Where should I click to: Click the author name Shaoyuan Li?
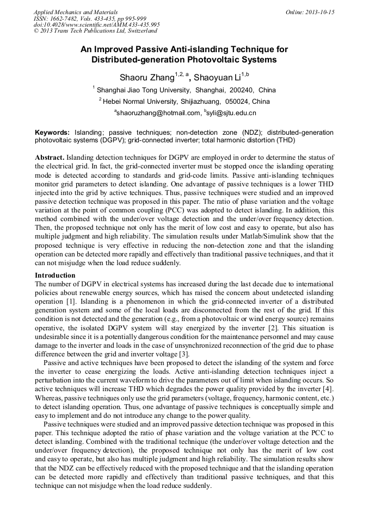(x=217, y=77)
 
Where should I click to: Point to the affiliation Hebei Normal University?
(x=147, y=101)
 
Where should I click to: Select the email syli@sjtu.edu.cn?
(x=232, y=113)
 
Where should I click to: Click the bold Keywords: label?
(x=52, y=132)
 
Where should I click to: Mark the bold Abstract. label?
(x=50, y=158)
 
